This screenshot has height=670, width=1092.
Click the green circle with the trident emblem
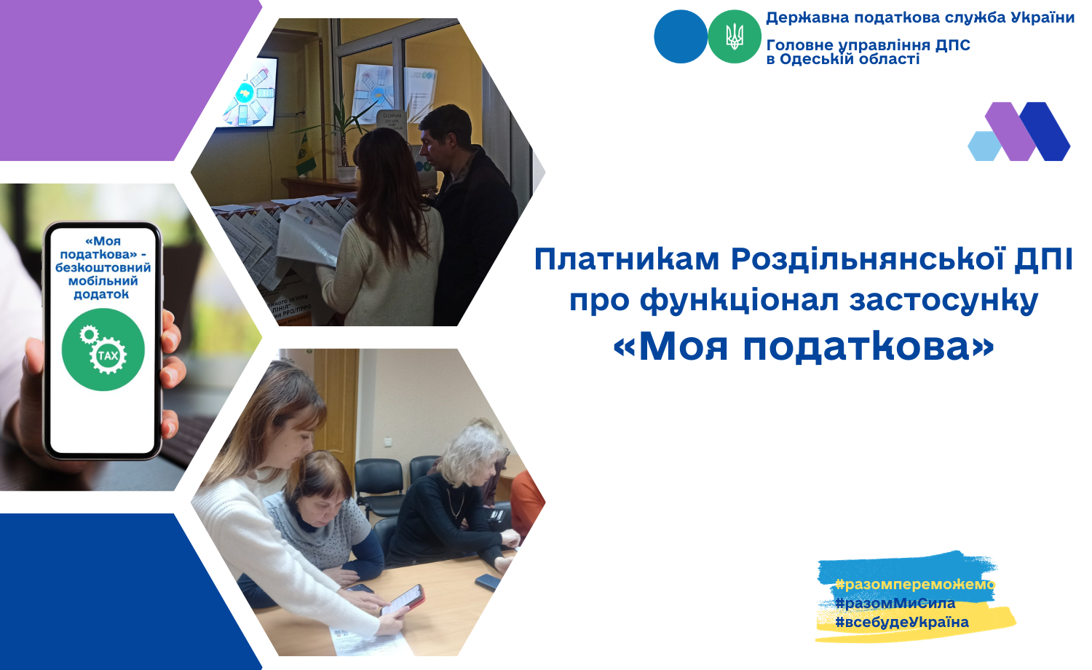[x=734, y=36]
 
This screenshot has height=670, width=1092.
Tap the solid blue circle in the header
[x=681, y=36]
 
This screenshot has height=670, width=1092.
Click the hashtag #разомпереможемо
[x=915, y=583]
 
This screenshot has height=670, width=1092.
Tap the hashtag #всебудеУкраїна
[x=902, y=622]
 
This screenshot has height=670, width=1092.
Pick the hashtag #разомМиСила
[x=895, y=603]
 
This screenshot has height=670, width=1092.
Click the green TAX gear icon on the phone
[x=103, y=349]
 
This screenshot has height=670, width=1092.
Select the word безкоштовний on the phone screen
[x=103, y=268]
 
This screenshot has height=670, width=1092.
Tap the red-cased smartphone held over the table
[x=403, y=600]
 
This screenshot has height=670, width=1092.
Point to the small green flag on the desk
[x=305, y=155]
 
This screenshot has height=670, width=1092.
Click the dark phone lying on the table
[x=488, y=581]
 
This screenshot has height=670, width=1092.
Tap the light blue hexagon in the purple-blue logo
[x=984, y=146]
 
